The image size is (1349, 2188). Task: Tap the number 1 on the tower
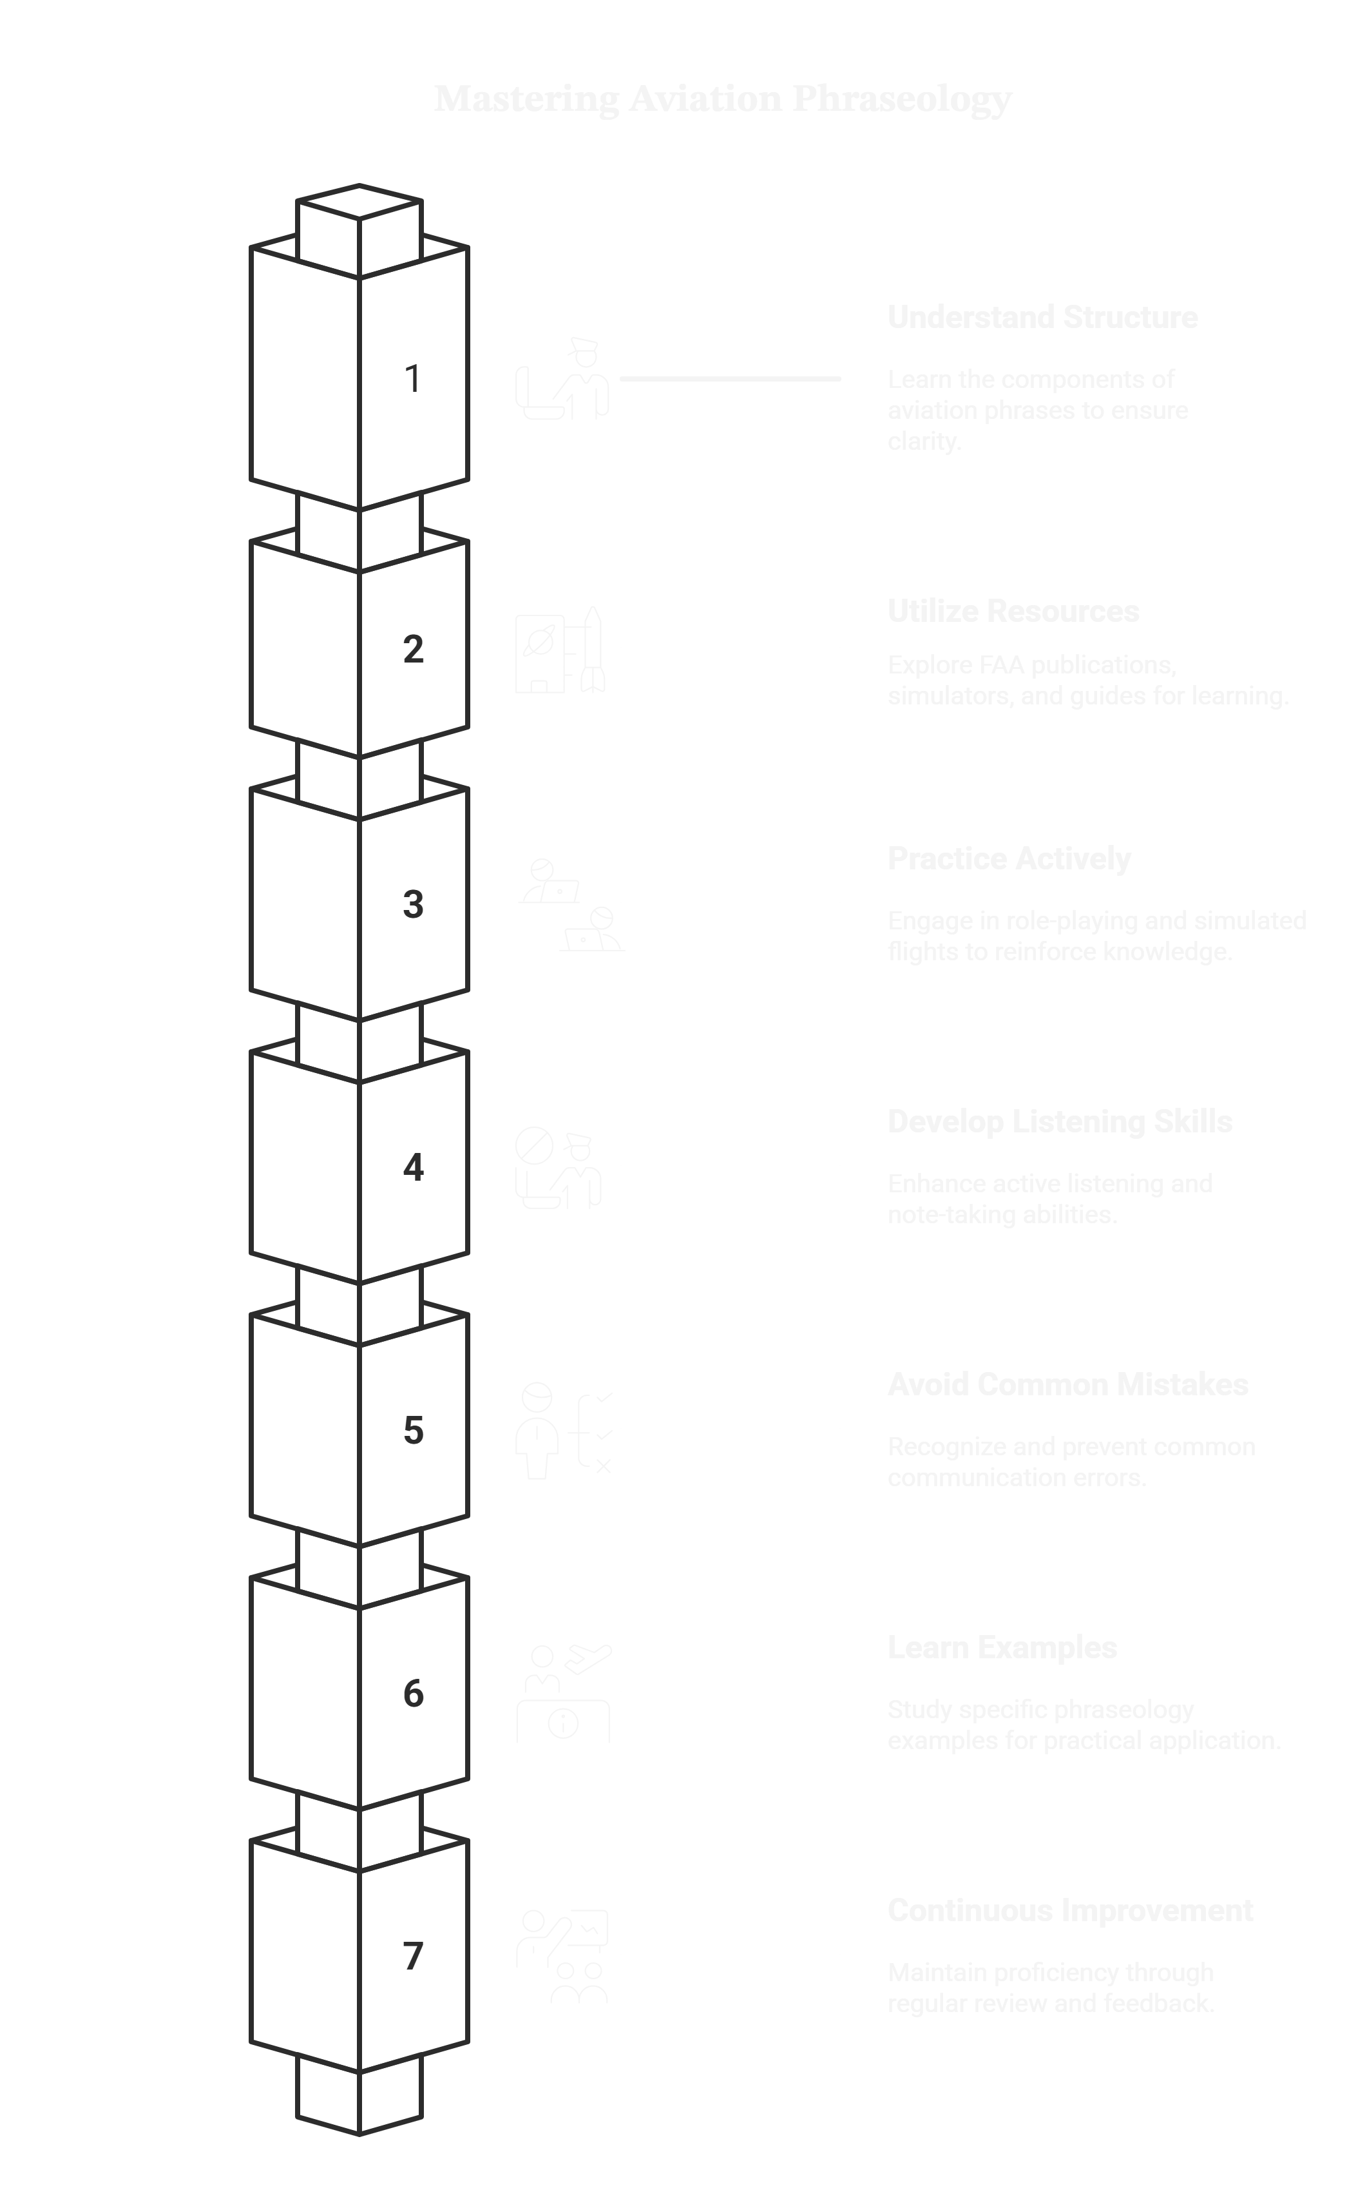[412, 378]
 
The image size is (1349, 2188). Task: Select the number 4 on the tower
[412, 1167]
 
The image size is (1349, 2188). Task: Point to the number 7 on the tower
[412, 1956]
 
